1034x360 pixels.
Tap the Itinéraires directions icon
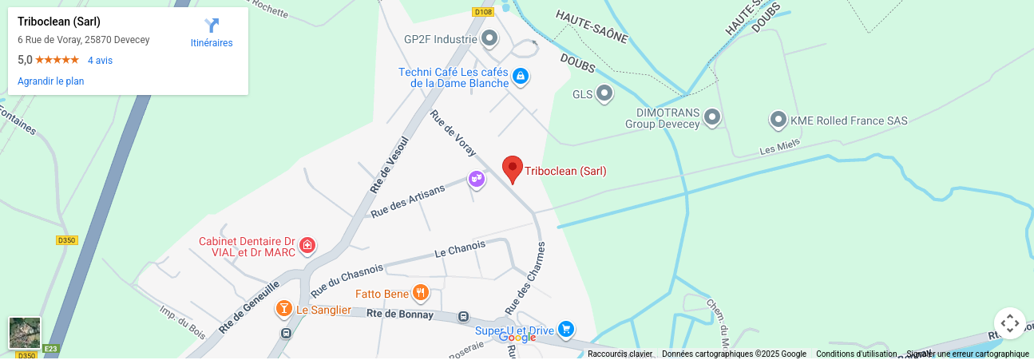[x=212, y=26]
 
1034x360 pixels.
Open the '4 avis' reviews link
[x=100, y=61]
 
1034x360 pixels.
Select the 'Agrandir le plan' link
[x=51, y=81]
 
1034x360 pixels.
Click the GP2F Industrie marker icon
[x=489, y=38]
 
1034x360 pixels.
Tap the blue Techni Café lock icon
[x=521, y=77]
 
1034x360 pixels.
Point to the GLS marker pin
[x=605, y=93]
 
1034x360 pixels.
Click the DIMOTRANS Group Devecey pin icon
[x=712, y=117]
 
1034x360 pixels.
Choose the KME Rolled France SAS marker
[x=778, y=120]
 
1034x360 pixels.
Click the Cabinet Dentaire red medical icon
[x=307, y=246]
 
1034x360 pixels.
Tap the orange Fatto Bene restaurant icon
[x=420, y=293]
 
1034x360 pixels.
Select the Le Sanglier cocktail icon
[x=283, y=308]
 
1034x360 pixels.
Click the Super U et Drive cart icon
[x=566, y=329]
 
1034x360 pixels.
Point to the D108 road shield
[x=483, y=12]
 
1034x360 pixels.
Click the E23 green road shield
[x=51, y=349]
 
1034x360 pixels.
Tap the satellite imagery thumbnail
[x=25, y=333]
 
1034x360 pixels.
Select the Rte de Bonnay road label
[x=400, y=315]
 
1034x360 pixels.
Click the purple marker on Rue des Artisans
[x=477, y=179]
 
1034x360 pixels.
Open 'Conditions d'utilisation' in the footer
[x=856, y=354]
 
